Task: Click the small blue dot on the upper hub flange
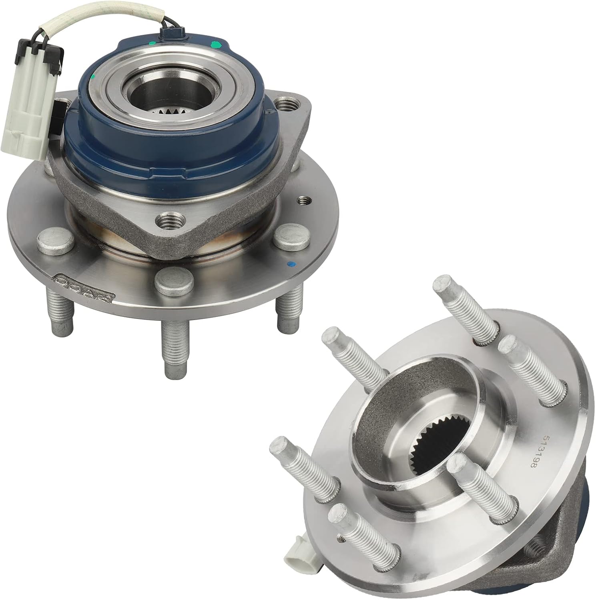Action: click(x=291, y=264)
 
